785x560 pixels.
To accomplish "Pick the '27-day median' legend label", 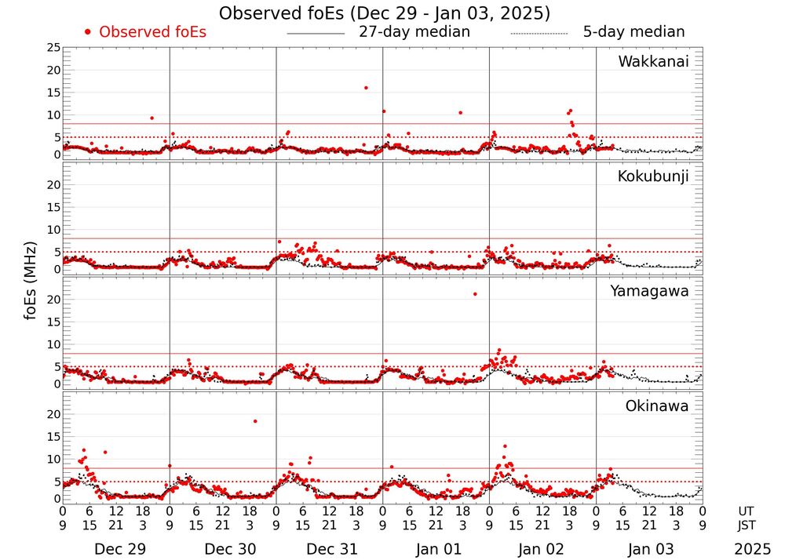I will (x=414, y=32).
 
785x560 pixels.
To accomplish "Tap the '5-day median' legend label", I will (x=633, y=32).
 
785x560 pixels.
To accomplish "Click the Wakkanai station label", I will (x=653, y=62).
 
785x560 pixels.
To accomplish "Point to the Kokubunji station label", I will (x=652, y=176).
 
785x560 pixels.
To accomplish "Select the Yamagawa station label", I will (x=650, y=291).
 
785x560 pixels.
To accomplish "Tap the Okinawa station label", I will (x=657, y=406).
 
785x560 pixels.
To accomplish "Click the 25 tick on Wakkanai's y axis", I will (x=53, y=48).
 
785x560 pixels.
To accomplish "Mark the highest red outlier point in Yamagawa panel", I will (x=475, y=294).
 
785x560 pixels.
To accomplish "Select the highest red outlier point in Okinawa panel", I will (x=255, y=421).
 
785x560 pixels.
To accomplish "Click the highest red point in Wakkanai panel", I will (x=366, y=88).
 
